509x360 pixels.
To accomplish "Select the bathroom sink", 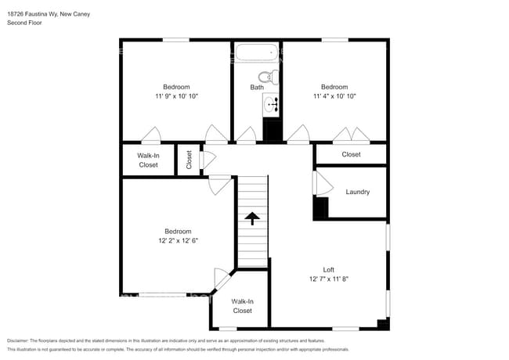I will coord(272,104).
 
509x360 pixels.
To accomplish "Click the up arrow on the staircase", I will coord(253,218).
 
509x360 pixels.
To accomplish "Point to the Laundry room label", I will coord(357,192).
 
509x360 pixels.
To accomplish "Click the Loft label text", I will coord(328,269).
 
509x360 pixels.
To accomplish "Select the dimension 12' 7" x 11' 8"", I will coord(328,279).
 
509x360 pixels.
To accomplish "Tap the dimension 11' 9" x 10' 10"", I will coord(176,96).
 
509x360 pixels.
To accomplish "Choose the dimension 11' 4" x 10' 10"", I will coord(334,96).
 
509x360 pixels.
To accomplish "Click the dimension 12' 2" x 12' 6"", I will coord(178,241).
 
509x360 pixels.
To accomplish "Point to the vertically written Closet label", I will coord(189,160).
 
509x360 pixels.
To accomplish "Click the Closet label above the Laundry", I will coord(351,154).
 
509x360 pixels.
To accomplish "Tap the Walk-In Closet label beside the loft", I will coord(242,306).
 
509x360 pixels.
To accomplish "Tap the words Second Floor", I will coord(24,23).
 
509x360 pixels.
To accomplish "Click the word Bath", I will coord(257,88).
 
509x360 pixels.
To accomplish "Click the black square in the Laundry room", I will coord(320,208).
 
